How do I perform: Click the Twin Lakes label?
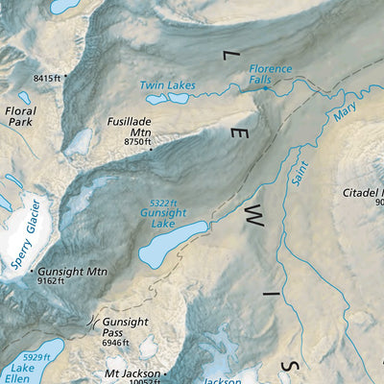pos(167,85)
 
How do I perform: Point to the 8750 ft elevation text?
pos(138,141)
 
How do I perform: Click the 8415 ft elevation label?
pos(46,77)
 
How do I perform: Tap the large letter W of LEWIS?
pos(253,218)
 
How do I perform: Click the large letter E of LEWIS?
pos(237,135)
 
